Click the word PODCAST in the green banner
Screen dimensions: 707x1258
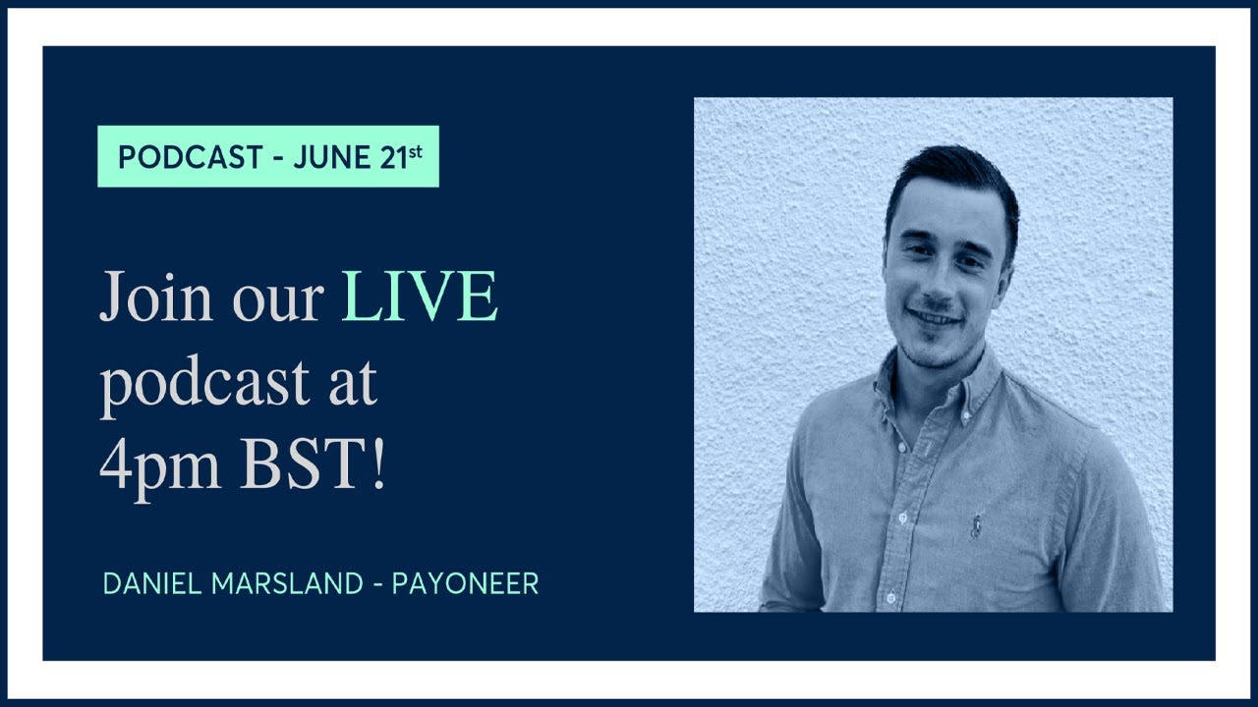coord(190,157)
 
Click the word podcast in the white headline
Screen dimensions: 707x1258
coord(204,383)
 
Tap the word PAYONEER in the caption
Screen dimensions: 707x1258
coord(465,584)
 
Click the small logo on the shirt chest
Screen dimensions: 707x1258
coord(976,523)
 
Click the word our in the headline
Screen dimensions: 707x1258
coord(277,299)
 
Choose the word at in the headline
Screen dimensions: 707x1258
coord(353,385)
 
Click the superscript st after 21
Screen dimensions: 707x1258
coord(418,150)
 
